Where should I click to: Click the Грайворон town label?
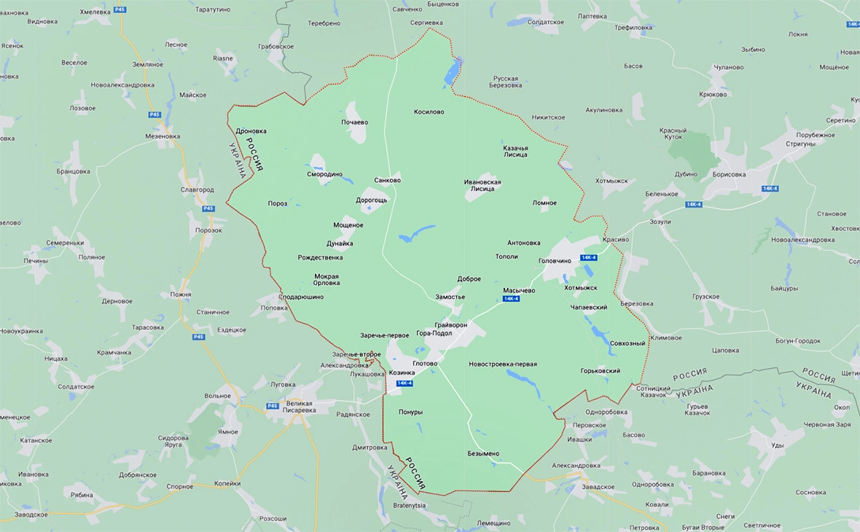(x=450, y=324)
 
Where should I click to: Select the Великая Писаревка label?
(x=299, y=407)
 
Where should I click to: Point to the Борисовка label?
(x=729, y=174)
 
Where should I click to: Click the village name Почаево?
(x=354, y=122)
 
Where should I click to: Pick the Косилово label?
(x=429, y=112)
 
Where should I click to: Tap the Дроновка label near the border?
(x=251, y=131)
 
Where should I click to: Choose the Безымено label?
(x=483, y=453)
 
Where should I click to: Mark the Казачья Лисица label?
(x=515, y=151)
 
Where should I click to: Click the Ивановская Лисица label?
(x=482, y=184)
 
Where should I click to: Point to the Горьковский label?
(x=600, y=371)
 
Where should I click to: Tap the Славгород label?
(x=197, y=189)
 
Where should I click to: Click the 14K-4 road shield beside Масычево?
(x=511, y=299)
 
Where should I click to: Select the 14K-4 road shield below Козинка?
(x=404, y=383)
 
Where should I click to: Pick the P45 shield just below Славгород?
(x=209, y=208)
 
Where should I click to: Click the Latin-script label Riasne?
(x=223, y=58)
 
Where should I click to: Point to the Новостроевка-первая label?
(x=503, y=364)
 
